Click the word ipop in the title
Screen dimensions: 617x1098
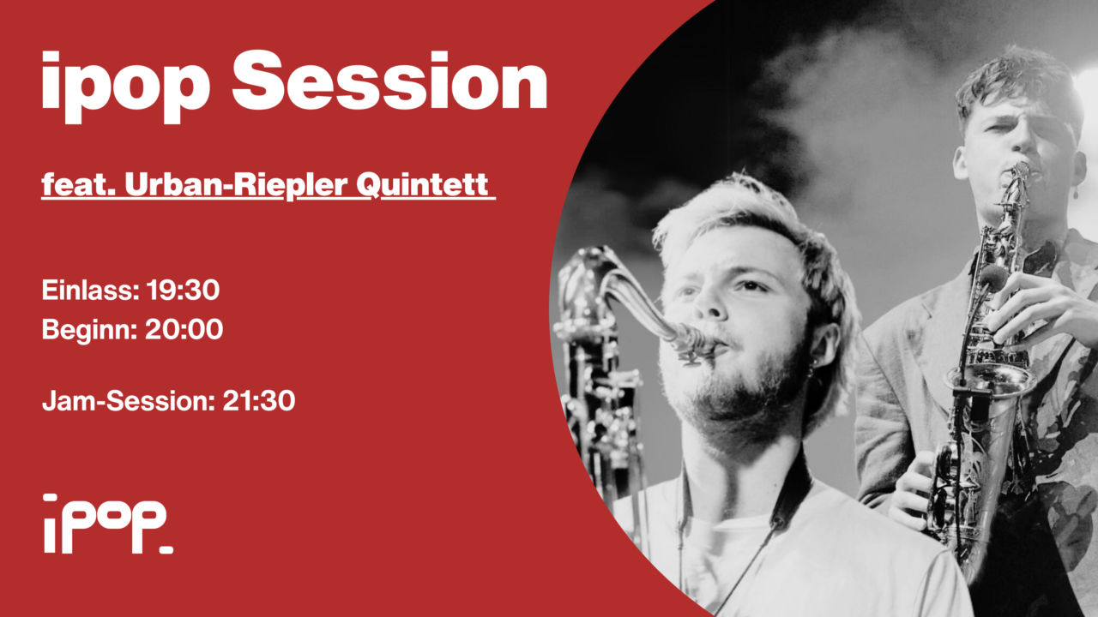(125, 86)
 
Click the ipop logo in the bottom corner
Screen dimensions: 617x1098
(106, 523)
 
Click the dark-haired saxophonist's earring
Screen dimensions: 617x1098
(1074, 194)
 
